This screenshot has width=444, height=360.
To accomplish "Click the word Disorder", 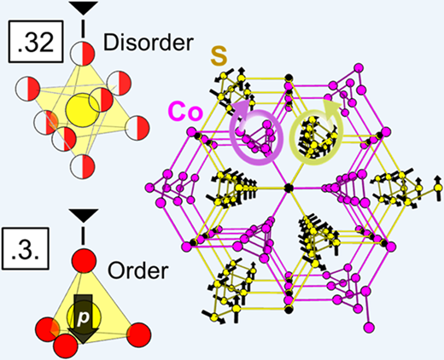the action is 148,43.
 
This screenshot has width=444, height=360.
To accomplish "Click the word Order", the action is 138,270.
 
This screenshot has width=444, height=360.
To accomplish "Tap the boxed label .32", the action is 36,42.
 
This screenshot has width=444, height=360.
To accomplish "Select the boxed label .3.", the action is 26,248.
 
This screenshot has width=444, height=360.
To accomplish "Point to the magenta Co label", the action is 185,113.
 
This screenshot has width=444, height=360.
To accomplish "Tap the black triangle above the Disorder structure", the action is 84,8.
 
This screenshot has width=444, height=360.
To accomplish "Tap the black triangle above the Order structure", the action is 84,215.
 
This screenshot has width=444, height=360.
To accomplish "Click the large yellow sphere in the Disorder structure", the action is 83,110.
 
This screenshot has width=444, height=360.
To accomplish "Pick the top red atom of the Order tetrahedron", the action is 84,260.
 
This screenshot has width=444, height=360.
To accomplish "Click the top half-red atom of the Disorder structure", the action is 83,54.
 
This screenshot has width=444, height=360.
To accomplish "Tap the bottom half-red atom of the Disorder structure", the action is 83,166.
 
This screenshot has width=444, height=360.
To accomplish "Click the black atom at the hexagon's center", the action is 289,188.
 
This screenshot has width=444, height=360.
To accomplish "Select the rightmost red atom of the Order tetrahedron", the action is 138,335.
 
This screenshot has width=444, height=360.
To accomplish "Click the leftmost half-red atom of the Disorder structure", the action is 27,89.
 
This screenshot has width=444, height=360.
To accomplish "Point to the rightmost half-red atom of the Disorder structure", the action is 137,128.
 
